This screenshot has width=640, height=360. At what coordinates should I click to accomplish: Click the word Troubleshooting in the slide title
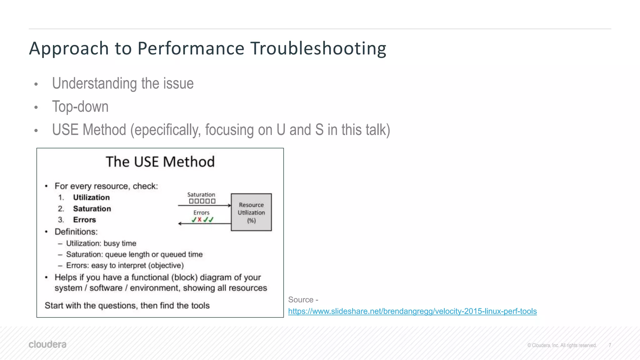tap(318, 49)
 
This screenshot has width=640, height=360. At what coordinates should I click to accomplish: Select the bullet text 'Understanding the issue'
tap(123, 84)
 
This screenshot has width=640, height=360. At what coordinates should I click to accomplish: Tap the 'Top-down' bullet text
tap(80, 107)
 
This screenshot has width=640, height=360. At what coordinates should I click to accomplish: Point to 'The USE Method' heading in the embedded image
tap(160, 162)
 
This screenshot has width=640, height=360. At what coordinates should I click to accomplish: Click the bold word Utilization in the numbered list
tap(91, 197)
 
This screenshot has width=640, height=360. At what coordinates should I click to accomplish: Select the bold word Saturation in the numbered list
tap(92, 209)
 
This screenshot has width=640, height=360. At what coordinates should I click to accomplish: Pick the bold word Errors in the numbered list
tap(84, 220)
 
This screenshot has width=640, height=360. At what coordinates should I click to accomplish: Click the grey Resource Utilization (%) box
tap(251, 212)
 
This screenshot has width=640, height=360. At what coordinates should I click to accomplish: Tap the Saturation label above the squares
tap(201, 195)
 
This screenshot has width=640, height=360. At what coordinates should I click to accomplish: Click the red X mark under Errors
tap(199, 220)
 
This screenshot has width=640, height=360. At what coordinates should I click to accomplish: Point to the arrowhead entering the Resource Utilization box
tap(229, 206)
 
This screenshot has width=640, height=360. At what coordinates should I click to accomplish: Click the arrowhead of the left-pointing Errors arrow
tap(180, 223)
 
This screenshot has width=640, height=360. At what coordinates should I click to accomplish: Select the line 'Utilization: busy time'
tap(101, 243)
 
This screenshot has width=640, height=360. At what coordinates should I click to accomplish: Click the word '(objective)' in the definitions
tap(166, 266)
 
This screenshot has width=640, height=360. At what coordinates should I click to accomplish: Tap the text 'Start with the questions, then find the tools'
tap(127, 306)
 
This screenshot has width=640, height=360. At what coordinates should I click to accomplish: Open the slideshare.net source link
tap(412, 311)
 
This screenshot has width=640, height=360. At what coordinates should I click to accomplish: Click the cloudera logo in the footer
tap(47, 344)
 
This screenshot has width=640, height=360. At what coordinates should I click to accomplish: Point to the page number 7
tap(610, 345)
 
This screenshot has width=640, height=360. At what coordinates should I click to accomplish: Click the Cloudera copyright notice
tap(562, 345)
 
